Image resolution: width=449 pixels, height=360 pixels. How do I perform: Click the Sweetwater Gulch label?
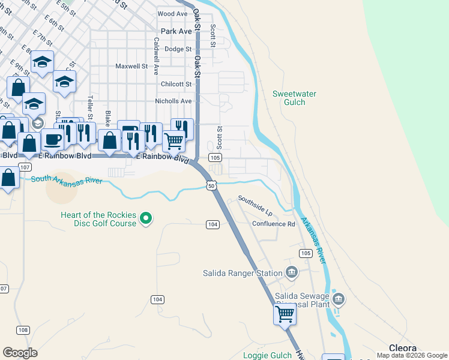(x=294, y=98)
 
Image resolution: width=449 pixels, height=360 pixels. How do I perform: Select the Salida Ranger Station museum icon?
(x=292, y=273)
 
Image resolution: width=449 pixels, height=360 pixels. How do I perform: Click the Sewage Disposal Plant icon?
(x=339, y=299)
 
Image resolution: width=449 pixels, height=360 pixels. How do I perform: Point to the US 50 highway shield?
(x=211, y=186)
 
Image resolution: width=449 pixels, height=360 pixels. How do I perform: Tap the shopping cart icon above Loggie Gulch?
(x=285, y=314)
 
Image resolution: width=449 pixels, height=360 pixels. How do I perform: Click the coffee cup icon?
(x=52, y=139)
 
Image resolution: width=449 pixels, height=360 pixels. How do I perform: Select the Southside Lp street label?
(x=255, y=206)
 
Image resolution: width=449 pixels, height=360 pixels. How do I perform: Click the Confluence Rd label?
(x=274, y=224)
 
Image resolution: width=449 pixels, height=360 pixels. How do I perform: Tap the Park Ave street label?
(x=176, y=31)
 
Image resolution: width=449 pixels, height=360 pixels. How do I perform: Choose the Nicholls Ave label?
(x=173, y=101)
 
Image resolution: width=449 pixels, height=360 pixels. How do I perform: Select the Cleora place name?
(x=403, y=348)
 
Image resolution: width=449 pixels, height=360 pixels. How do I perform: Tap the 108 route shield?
(x=23, y=330)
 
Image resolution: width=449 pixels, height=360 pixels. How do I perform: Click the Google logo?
(x=20, y=352)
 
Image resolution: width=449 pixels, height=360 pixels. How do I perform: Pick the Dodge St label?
(x=178, y=49)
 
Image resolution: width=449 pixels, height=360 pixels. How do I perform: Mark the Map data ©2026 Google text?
(x=411, y=355)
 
